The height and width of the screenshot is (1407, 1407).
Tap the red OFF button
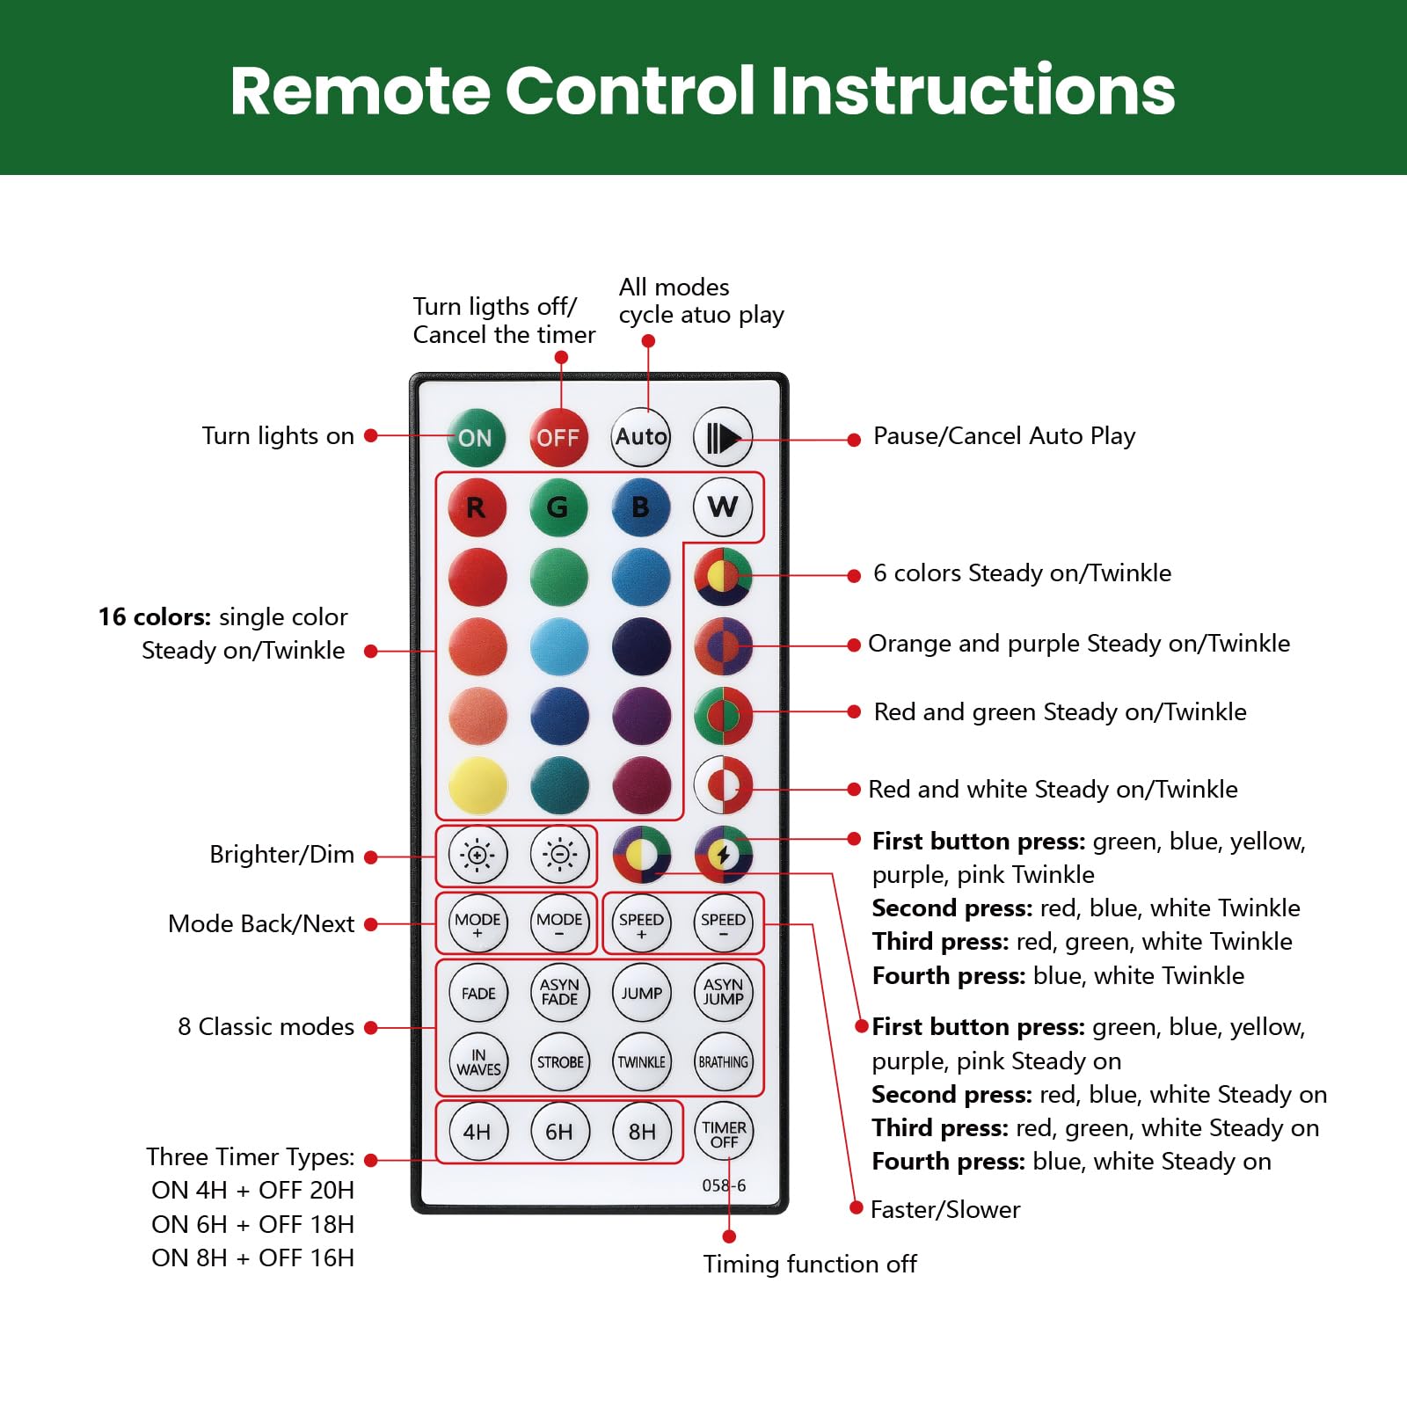coord(558,437)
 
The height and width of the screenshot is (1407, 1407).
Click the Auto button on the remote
coord(640,437)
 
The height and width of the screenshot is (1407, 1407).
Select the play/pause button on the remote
coord(723,437)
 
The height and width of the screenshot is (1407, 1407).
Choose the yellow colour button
coord(478,784)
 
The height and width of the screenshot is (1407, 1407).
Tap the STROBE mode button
coord(560,1062)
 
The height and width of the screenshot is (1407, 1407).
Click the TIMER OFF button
coord(724,1134)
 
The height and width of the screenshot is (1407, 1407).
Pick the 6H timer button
coord(559,1132)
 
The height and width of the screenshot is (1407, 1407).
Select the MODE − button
coord(559,923)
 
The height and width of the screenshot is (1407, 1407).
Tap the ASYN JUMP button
coord(724,993)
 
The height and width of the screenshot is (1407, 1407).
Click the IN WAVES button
coord(478,1062)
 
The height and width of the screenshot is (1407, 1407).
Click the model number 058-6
coord(724,1185)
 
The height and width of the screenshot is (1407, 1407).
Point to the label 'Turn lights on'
coord(278,436)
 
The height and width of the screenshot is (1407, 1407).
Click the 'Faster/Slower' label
coord(945,1210)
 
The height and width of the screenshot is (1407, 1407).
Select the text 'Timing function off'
coord(810,1265)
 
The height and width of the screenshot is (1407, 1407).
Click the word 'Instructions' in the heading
coord(973,91)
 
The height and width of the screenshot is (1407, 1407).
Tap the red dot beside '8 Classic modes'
coord(371,1027)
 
